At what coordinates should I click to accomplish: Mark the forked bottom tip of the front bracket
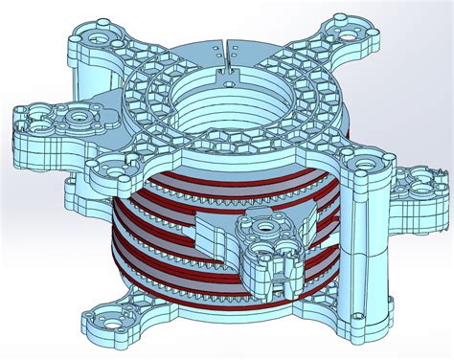[277, 287]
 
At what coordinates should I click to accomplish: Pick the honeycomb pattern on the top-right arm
[316, 69]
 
